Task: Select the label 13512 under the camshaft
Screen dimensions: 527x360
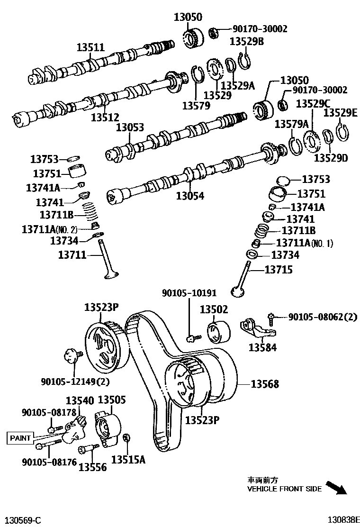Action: pyautogui.click(x=105, y=117)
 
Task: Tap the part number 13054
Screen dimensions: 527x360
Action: pyautogui.click(x=190, y=195)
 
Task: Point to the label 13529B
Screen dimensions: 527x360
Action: pyautogui.click(x=246, y=41)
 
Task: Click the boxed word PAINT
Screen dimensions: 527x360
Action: pyautogui.click(x=20, y=438)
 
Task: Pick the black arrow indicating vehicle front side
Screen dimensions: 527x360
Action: pyautogui.click(x=337, y=488)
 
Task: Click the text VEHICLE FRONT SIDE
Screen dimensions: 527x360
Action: pyautogui.click(x=284, y=489)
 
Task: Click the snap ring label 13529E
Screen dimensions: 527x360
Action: pyautogui.click(x=340, y=113)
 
